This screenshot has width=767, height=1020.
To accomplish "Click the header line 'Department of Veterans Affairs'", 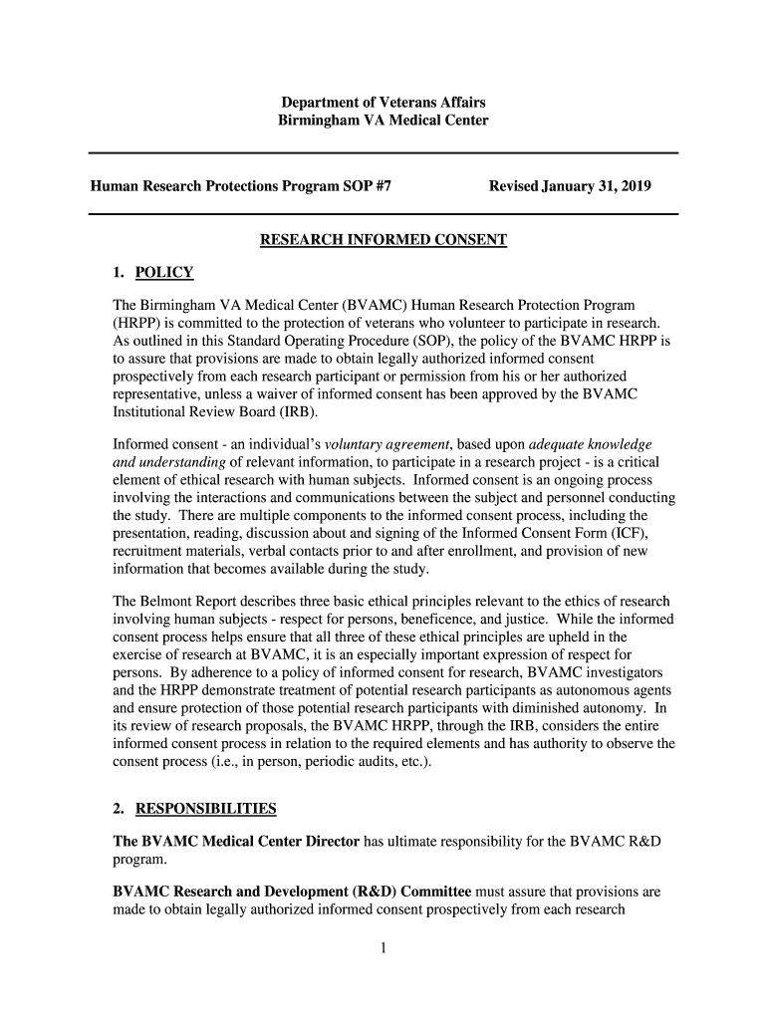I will pyautogui.click(x=383, y=104).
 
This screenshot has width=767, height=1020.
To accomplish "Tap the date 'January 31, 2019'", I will pyautogui.click(x=597, y=185).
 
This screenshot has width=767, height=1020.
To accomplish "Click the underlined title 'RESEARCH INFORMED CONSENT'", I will pyautogui.click(x=383, y=240).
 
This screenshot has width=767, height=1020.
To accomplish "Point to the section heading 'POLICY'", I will pyautogui.click(x=164, y=273).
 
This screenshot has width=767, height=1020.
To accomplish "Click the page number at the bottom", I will pyautogui.click(x=383, y=947).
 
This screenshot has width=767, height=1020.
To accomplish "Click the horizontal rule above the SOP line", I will pyautogui.click(x=383, y=153).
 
